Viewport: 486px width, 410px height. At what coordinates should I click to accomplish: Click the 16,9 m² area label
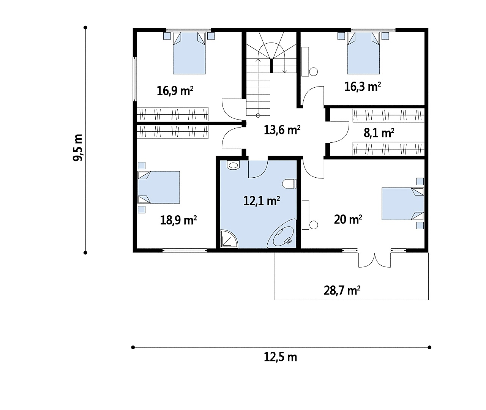(175, 90)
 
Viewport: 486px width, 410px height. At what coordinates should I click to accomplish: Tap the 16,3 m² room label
(362, 87)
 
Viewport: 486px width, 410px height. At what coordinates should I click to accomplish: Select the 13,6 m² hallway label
(282, 129)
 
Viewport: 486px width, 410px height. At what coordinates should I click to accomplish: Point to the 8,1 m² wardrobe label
(379, 133)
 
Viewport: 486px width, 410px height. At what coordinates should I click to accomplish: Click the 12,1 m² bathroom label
(261, 200)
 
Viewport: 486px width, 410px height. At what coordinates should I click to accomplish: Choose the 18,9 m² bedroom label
(178, 220)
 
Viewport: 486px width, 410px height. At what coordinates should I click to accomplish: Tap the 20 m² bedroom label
(348, 219)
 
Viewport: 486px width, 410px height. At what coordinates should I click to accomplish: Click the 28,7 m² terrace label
(342, 290)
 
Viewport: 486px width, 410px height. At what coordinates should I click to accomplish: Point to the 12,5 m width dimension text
(280, 357)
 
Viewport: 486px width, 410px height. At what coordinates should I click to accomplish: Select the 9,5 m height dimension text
(77, 148)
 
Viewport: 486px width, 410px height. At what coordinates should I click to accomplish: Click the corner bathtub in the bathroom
(282, 233)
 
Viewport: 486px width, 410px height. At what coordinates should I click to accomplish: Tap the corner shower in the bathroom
(229, 238)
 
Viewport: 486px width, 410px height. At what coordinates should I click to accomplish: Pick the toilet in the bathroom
(289, 184)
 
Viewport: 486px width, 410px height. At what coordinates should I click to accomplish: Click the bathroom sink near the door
(233, 165)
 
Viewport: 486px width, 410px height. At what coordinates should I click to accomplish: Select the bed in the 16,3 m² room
(363, 53)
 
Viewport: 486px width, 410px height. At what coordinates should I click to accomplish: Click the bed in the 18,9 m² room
(158, 187)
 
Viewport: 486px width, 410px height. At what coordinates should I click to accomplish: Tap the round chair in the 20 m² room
(314, 225)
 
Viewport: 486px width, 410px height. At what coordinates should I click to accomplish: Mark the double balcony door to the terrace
(374, 260)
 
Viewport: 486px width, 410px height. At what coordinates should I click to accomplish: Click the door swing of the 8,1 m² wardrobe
(339, 132)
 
